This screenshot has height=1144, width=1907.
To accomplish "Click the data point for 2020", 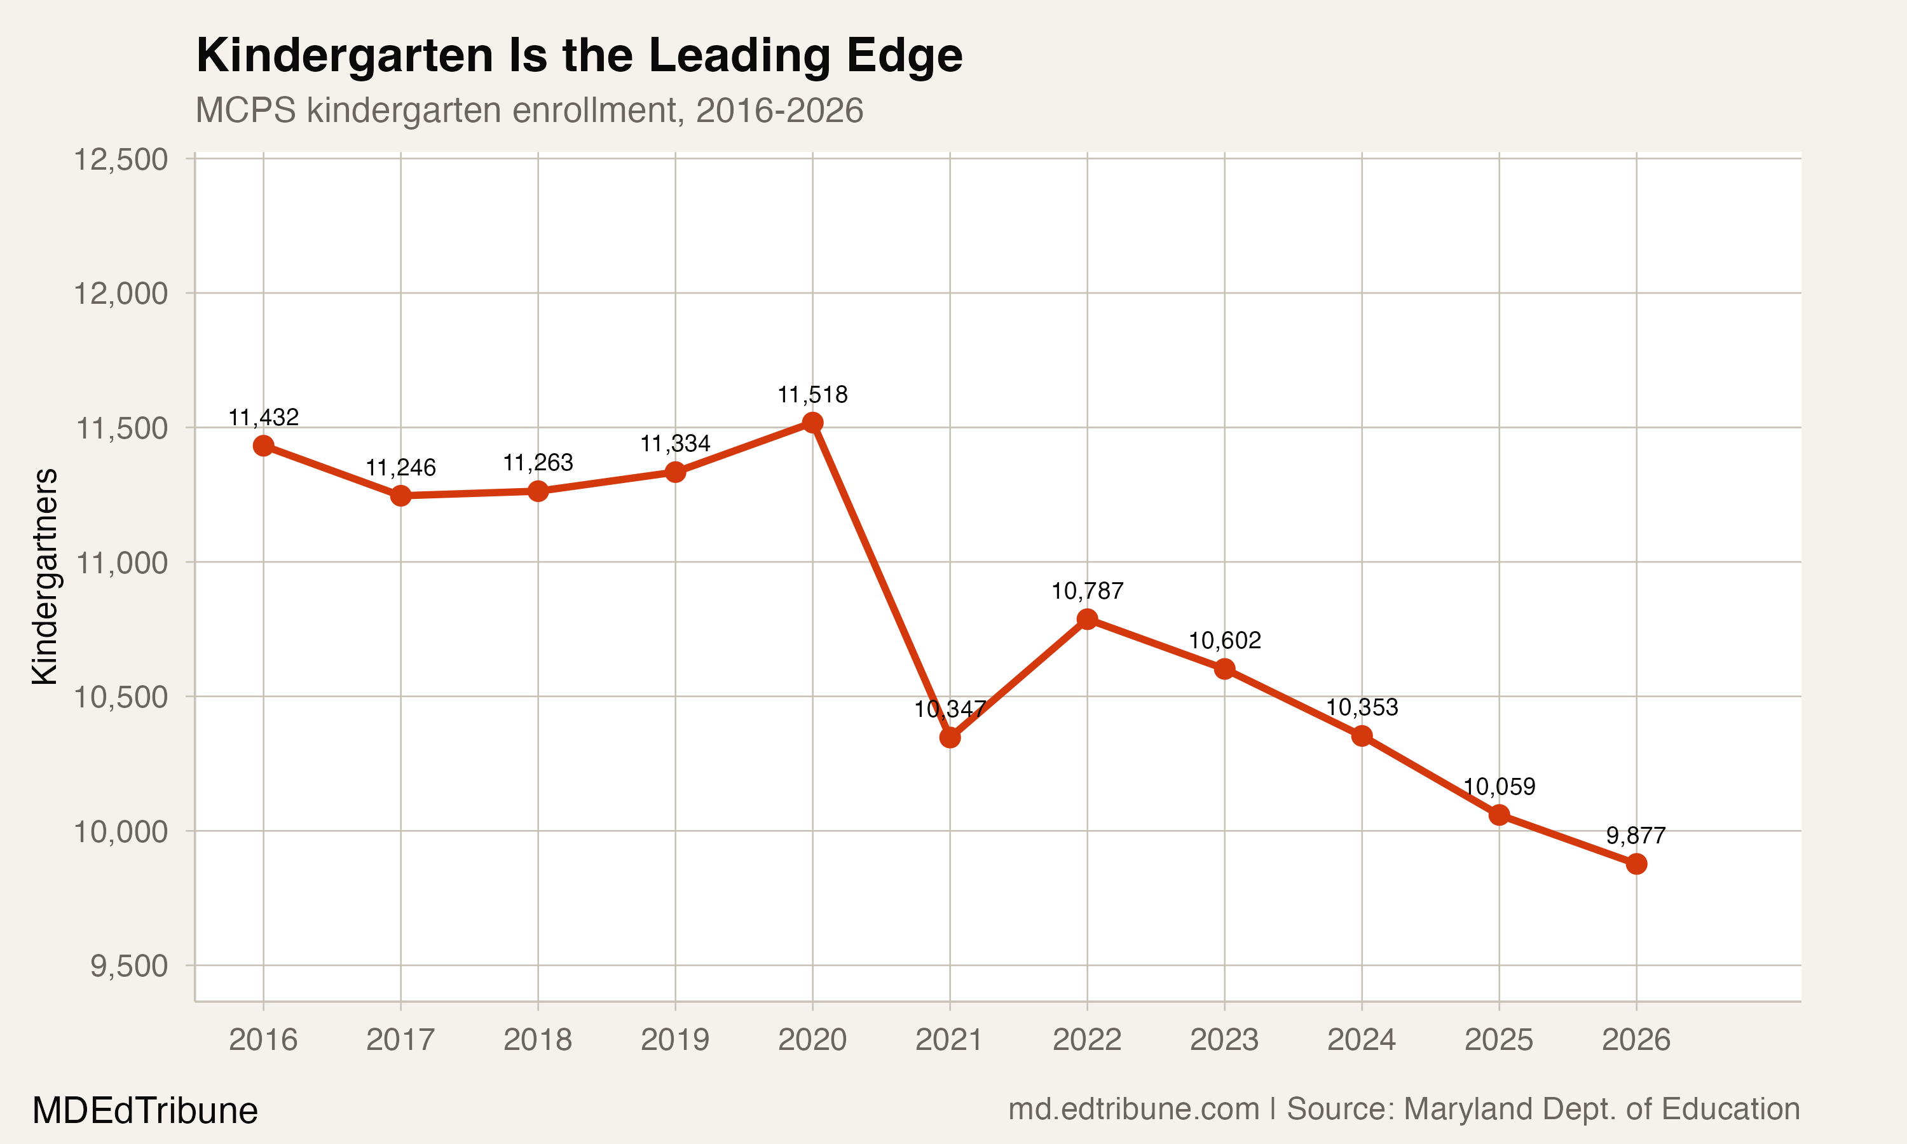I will tap(812, 423).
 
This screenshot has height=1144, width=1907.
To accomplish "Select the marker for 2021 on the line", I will tap(950, 738).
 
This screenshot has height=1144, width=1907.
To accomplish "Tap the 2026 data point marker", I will tap(1636, 864).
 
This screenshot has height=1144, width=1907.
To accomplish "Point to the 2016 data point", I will tap(264, 446).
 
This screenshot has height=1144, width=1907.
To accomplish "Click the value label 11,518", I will tap(812, 395).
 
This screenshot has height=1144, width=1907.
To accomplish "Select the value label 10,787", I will tap(1087, 591).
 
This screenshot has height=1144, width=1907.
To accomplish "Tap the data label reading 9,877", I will tap(1636, 836).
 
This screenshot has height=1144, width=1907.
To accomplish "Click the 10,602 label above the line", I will tap(1224, 641).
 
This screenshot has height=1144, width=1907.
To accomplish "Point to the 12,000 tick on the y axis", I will tap(120, 294).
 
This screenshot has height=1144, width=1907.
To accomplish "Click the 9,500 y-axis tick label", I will tap(129, 966).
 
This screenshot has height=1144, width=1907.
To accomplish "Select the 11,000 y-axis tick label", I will tap(120, 562).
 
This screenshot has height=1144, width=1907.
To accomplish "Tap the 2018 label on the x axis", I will tap(537, 1040).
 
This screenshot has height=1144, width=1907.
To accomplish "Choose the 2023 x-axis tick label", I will tap(1224, 1040).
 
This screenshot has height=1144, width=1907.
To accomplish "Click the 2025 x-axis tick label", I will tap(1498, 1040).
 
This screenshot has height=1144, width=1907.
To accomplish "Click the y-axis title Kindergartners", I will tap(44, 576).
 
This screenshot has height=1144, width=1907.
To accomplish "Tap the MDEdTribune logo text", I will tap(145, 1111).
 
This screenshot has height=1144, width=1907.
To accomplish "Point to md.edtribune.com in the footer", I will tap(1133, 1109).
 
